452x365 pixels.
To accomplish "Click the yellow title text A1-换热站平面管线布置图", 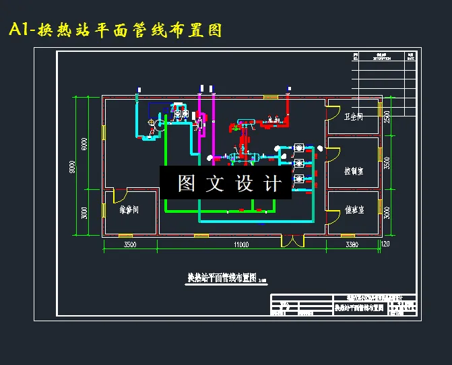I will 115,30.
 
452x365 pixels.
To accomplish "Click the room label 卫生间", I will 354,117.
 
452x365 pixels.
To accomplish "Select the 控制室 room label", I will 354,171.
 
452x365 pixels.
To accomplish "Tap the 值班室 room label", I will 354,210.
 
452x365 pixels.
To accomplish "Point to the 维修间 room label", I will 129,210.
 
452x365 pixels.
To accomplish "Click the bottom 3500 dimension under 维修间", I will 129,244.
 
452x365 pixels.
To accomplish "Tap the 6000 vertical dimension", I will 84,143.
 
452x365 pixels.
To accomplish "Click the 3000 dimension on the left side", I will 84,213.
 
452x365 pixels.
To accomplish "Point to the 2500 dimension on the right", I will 387,116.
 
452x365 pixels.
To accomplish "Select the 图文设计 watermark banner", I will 226,182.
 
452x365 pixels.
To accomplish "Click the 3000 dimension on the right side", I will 387,213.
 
